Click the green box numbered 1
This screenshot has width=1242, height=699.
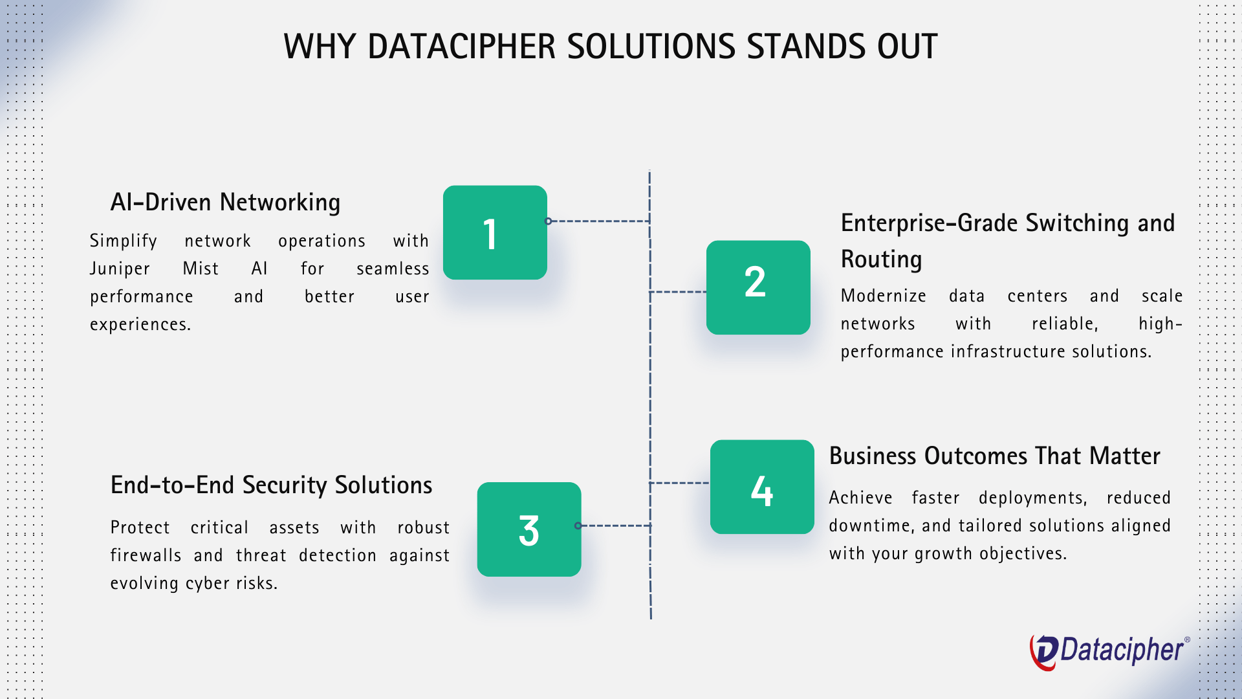(x=495, y=232)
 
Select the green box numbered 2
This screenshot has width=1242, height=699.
(x=758, y=287)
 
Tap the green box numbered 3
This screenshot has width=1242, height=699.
(x=529, y=529)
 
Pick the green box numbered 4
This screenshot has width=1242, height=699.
(x=762, y=487)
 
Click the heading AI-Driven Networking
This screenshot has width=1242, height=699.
(x=225, y=203)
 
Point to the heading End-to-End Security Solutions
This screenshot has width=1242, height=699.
(x=271, y=485)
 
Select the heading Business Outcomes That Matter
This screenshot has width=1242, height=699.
(x=994, y=456)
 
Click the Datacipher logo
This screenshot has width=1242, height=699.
(x=1109, y=651)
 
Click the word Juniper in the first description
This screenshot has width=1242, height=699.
(x=120, y=269)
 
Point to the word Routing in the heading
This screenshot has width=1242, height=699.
(x=881, y=260)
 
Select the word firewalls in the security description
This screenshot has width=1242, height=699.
(x=146, y=555)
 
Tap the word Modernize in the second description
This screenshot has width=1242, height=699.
(x=883, y=296)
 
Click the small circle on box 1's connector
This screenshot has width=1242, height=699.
(x=549, y=221)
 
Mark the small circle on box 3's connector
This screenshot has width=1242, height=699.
(x=578, y=526)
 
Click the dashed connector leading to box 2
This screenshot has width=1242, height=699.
(x=678, y=292)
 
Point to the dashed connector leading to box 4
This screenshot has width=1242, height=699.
(x=680, y=483)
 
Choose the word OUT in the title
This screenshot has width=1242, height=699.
(x=907, y=47)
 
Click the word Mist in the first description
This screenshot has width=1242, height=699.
(x=201, y=269)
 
